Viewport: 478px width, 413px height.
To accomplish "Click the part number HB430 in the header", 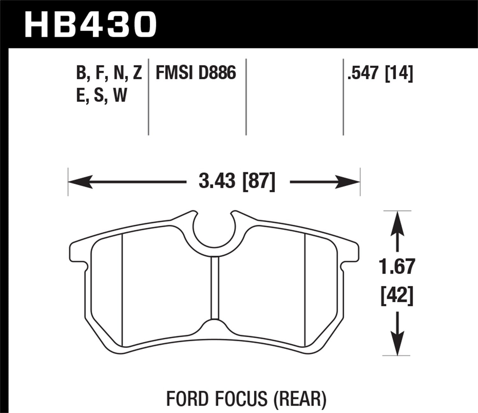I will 91,24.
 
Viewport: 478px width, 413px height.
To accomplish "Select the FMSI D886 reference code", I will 196,73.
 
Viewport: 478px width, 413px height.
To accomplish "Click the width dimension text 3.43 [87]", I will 237,182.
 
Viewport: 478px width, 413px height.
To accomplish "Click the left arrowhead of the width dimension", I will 80,182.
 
